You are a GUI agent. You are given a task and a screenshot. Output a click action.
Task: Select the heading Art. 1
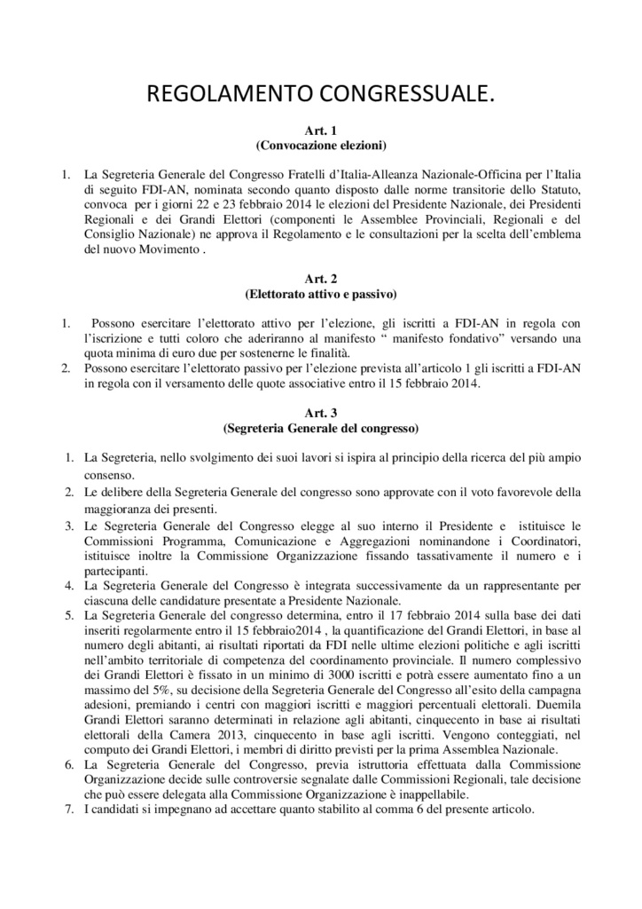pyautogui.click(x=320, y=131)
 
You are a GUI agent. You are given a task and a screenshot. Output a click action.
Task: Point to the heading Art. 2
pyautogui.click(x=320, y=278)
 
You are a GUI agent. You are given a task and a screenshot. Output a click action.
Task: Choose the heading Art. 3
pyautogui.click(x=320, y=413)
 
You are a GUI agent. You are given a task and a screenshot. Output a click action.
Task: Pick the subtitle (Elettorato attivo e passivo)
pyautogui.click(x=320, y=291)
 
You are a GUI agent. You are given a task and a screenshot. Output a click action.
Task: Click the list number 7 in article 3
pyautogui.click(x=69, y=810)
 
